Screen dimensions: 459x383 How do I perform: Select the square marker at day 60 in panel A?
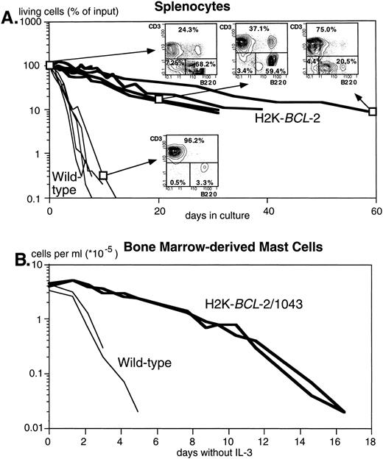tap(373, 111)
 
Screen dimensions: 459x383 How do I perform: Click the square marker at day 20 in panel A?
tap(158, 99)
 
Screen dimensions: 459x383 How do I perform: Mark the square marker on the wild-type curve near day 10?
tap(103, 175)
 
